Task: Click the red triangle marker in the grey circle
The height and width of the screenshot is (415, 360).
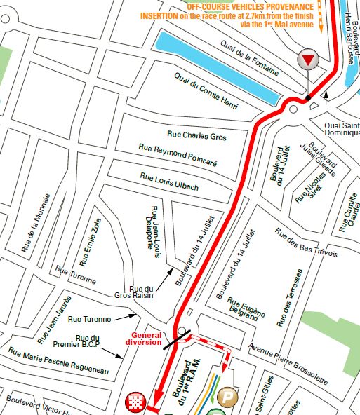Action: coord(307,60)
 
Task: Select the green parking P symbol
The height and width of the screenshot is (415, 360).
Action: coord(228,397)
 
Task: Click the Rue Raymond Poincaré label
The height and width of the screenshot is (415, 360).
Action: coord(178,156)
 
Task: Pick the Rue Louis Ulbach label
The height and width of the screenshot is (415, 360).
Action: coord(169,182)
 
